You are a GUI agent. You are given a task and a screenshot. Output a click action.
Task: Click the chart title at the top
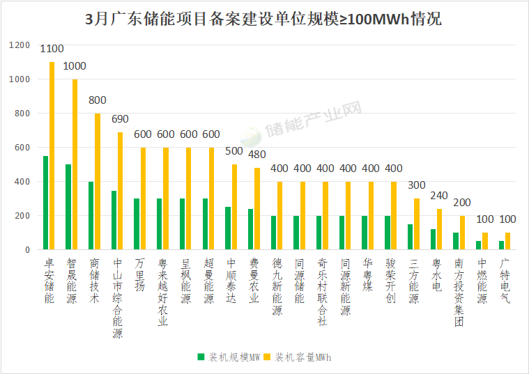click(x=263, y=19)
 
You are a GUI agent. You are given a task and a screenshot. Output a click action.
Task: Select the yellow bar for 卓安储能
click(x=52, y=155)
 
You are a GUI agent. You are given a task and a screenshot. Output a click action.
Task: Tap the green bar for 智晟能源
click(x=68, y=207)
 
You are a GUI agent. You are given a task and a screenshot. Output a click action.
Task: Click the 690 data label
click(x=121, y=119)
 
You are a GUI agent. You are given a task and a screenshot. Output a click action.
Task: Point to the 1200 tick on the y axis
click(x=20, y=45)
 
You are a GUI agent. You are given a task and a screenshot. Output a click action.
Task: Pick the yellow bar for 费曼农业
click(x=256, y=208)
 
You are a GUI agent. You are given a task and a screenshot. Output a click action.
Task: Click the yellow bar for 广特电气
click(x=507, y=241)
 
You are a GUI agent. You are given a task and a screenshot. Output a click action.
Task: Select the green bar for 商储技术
click(x=91, y=215)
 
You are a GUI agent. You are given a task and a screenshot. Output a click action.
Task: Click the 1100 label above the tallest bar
click(x=52, y=49)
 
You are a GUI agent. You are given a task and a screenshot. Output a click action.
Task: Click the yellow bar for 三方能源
click(x=417, y=224)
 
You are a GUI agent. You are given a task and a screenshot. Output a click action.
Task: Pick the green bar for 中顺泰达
click(x=228, y=228)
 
